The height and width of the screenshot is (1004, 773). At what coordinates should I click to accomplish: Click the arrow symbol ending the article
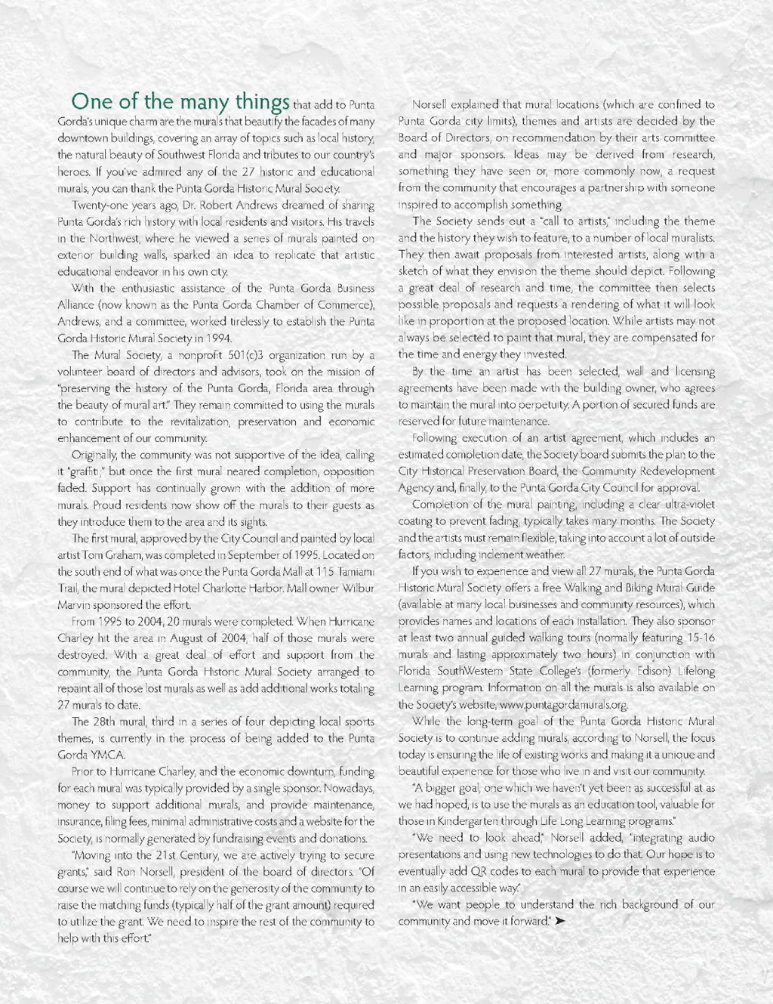click(x=560, y=922)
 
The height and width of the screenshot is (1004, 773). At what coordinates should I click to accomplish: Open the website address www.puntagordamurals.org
click(x=564, y=705)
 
